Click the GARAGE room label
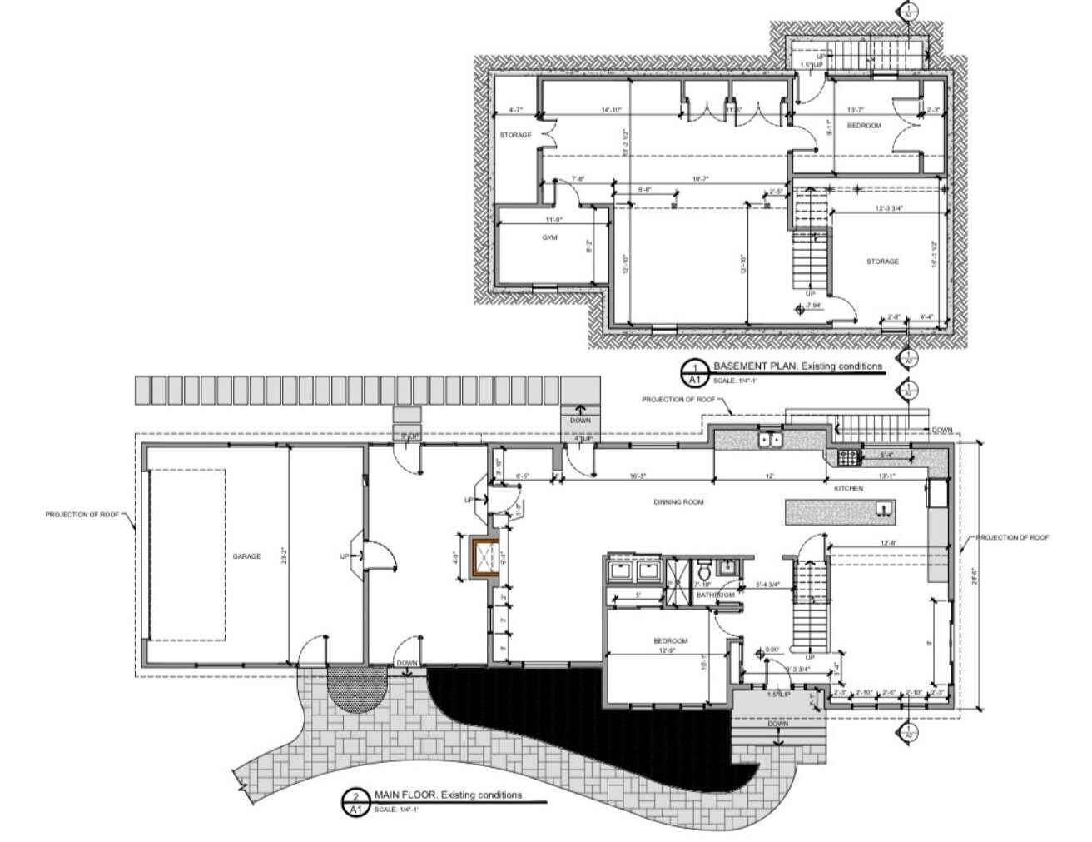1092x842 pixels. click(x=246, y=556)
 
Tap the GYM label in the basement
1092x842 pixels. click(x=548, y=237)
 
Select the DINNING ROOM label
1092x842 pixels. click(x=679, y=502)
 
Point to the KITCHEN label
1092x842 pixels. click(x=849, y=488)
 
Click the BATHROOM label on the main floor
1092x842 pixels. click(x=716, y=595)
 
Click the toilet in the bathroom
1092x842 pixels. click(x=702, y=571)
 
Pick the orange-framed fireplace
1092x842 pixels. click(x=484, y=557)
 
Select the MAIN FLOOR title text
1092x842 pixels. click(x=448, y=795)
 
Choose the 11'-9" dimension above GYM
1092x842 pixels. click(x=554, y=220)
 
